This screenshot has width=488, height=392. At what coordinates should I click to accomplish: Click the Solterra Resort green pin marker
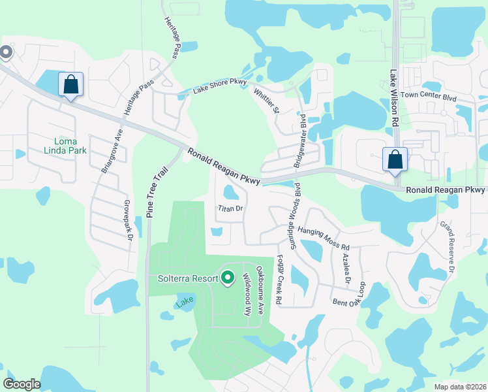pyautogui.click(x=228, y=278)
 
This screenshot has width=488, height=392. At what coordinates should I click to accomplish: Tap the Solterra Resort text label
pyautogui.click(x=187, y=278)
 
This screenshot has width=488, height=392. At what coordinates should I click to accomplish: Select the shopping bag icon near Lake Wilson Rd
pyautogui.click(x=395, y=159)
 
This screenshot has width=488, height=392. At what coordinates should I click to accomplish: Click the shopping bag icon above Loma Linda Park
pyautogui.click(x=70, y=84)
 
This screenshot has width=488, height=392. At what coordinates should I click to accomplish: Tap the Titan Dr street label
pyautogui.click(x=230, y=208)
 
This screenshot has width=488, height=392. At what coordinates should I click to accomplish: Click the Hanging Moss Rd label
pyautogui.click(x=324, y=238)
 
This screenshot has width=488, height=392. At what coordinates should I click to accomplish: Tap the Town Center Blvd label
pyautogui.click(x=428, y=95)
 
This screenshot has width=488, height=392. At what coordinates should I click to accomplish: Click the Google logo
pyautogui.click(x=22, y=384)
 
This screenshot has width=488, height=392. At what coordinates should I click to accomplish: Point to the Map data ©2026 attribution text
pyautogui.click(x=459, y=387)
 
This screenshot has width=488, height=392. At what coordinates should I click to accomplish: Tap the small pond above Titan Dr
pyautogui.click(x=230, y=193)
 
